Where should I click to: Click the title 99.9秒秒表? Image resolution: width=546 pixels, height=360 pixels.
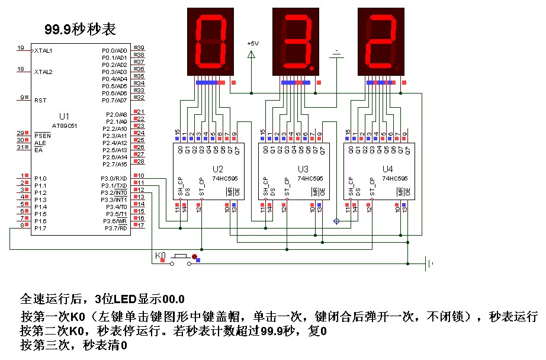coord(81,30)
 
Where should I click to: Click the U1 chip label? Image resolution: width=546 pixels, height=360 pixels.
coord(65,116)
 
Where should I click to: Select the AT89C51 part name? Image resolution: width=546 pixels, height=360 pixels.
coord(65,126)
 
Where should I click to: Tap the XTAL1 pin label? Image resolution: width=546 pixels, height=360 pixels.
coord(44,51)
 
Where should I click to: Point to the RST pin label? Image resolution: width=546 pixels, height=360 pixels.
coord(40,100)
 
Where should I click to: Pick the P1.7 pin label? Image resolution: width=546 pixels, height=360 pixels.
coord(40,228)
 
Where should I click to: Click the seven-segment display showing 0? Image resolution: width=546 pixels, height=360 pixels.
coord(210,42)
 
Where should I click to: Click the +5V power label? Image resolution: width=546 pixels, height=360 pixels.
coord(253,44)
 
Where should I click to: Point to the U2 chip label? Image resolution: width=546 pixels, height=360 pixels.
coord(218,168)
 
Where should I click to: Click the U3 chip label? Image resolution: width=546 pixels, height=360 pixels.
coord(303,168)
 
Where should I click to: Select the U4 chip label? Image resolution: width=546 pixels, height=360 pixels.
coord(388,168)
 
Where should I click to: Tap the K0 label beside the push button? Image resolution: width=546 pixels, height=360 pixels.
coord(160,255)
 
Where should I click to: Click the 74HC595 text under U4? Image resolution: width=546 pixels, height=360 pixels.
coord(395,178)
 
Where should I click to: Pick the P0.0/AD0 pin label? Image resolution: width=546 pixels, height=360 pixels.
coord(115,51)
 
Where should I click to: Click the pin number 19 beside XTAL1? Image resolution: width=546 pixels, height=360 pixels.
coord(21,48)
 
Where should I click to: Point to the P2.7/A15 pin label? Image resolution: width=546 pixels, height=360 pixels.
coord(115,164)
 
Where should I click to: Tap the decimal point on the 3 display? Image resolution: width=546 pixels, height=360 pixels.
coord(312,69)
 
